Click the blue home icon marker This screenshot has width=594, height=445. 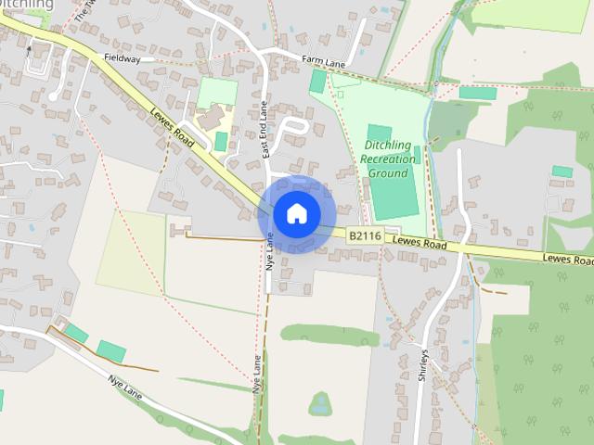coord(296,214)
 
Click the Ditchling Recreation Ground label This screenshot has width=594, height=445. coord(390,159)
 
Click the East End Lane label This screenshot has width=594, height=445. coord(265,129)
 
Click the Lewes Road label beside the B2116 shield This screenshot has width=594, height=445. coord(420,244)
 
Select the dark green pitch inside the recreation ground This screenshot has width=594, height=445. coord(392,172)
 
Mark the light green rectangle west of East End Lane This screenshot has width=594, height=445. coord(217,92)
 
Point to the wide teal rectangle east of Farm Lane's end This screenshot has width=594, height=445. coord(477,93)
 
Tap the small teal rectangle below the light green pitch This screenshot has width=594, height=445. coord(221,142)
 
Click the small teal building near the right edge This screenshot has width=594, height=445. coord(562,172)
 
